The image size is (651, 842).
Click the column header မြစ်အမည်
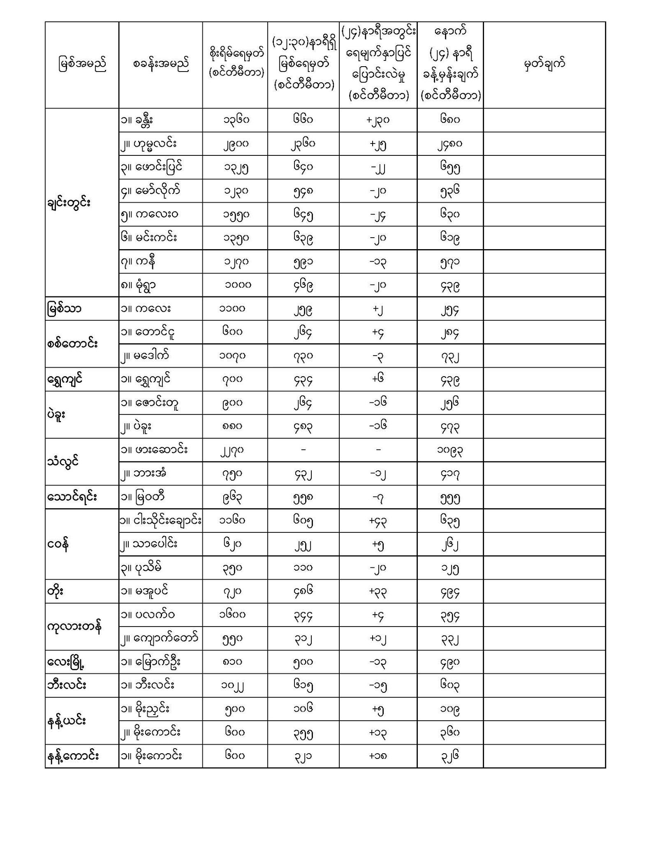point(82,65)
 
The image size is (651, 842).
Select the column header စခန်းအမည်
point(161,65)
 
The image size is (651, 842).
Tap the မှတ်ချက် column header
point(544,65)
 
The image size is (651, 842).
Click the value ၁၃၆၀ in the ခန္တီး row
point(236,120)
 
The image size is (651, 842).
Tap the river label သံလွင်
point(63,461)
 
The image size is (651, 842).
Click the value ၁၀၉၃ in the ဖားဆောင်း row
point(450,450)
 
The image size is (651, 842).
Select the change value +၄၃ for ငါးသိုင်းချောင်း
point(378,520)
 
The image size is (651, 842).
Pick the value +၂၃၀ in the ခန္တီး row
point(378,120)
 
